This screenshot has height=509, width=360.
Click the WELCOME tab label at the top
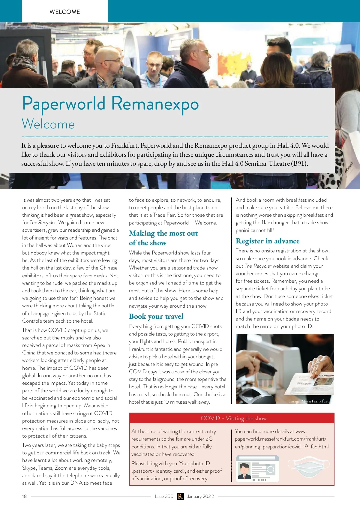(65, 12)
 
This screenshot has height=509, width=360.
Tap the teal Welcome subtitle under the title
(48, 124)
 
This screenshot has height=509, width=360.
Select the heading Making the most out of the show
(163, 238)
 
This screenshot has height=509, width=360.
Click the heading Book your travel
(156, 316)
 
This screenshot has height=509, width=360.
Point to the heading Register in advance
(268, 241)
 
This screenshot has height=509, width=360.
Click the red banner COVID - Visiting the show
(233, 418)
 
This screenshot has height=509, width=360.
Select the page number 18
(24, 496)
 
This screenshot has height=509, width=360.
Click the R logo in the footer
(180, 496)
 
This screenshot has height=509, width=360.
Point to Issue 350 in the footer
(164, 496)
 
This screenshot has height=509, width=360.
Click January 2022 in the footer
(200, 496)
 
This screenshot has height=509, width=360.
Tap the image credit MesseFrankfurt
(309, 401)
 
